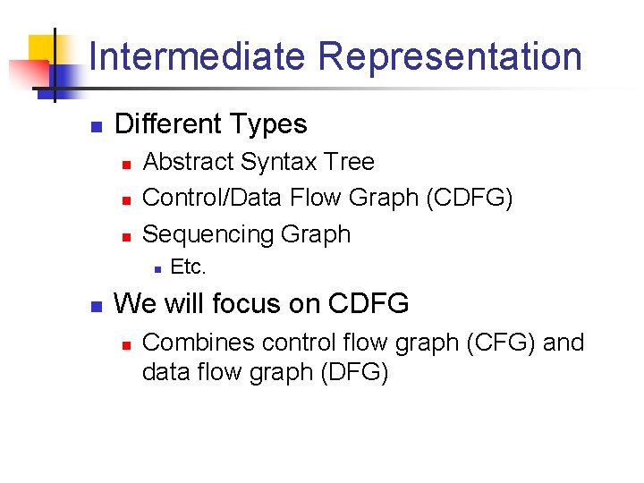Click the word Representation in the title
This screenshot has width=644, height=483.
450,56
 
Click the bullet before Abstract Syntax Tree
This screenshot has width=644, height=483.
126,164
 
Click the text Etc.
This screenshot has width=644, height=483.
188,267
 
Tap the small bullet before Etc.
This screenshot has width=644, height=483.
156,268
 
